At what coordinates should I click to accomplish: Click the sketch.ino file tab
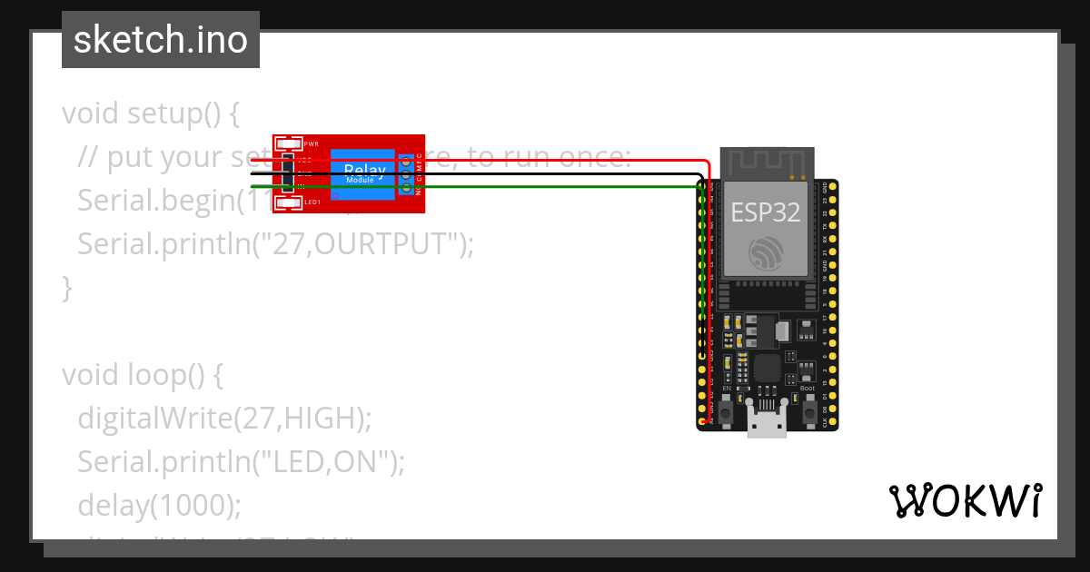click(160, 40)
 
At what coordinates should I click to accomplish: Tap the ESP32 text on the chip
click(766, 212)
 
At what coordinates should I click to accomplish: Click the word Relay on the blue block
click(363, 170)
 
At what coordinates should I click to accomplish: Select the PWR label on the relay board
click(312, 144)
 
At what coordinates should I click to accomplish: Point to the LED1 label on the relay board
click(312, 202)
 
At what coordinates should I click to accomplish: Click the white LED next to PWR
click(289, 143)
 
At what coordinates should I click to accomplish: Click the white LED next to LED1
click(289, 202)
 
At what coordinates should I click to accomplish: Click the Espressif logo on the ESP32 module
click(766, 252)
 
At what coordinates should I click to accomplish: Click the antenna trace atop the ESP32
click(765, 163)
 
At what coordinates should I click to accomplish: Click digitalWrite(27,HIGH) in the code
click(224, 419)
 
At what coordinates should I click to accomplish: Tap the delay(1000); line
click(159, 506)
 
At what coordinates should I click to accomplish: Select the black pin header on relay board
click(288, 173)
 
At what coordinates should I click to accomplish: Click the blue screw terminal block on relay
click(405, 173)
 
